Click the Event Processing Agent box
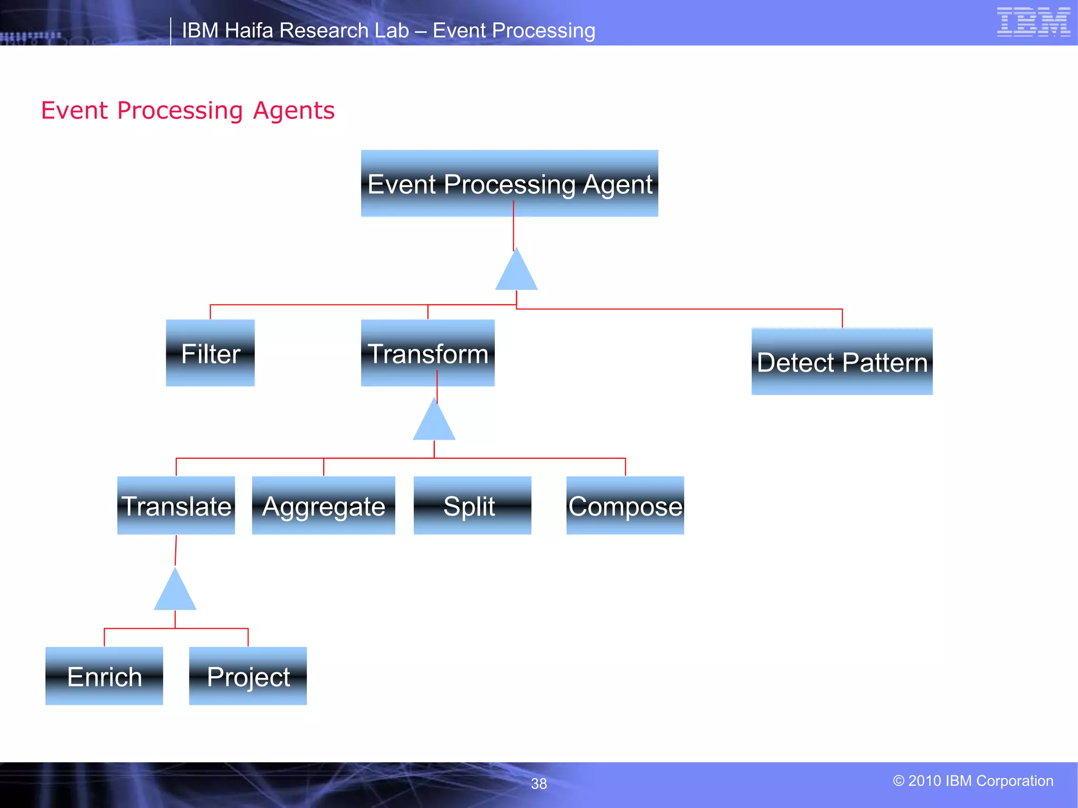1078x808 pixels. [509, 184]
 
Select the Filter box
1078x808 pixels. [210, 353]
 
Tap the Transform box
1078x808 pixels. [427, 353]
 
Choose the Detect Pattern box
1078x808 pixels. [842, 362]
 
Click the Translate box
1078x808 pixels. [176, 506]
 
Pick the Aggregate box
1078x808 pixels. [323, 506]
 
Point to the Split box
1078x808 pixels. [472, 506]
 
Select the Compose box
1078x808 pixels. [625, 506]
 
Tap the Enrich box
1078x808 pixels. [104, 676]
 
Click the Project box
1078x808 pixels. [248, 676]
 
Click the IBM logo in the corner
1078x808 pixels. [1033, 22]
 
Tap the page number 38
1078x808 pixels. [538, 784]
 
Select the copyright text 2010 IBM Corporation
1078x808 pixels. [973, 781]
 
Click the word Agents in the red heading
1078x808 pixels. [293, 110]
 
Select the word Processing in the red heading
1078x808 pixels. [180, 110]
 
